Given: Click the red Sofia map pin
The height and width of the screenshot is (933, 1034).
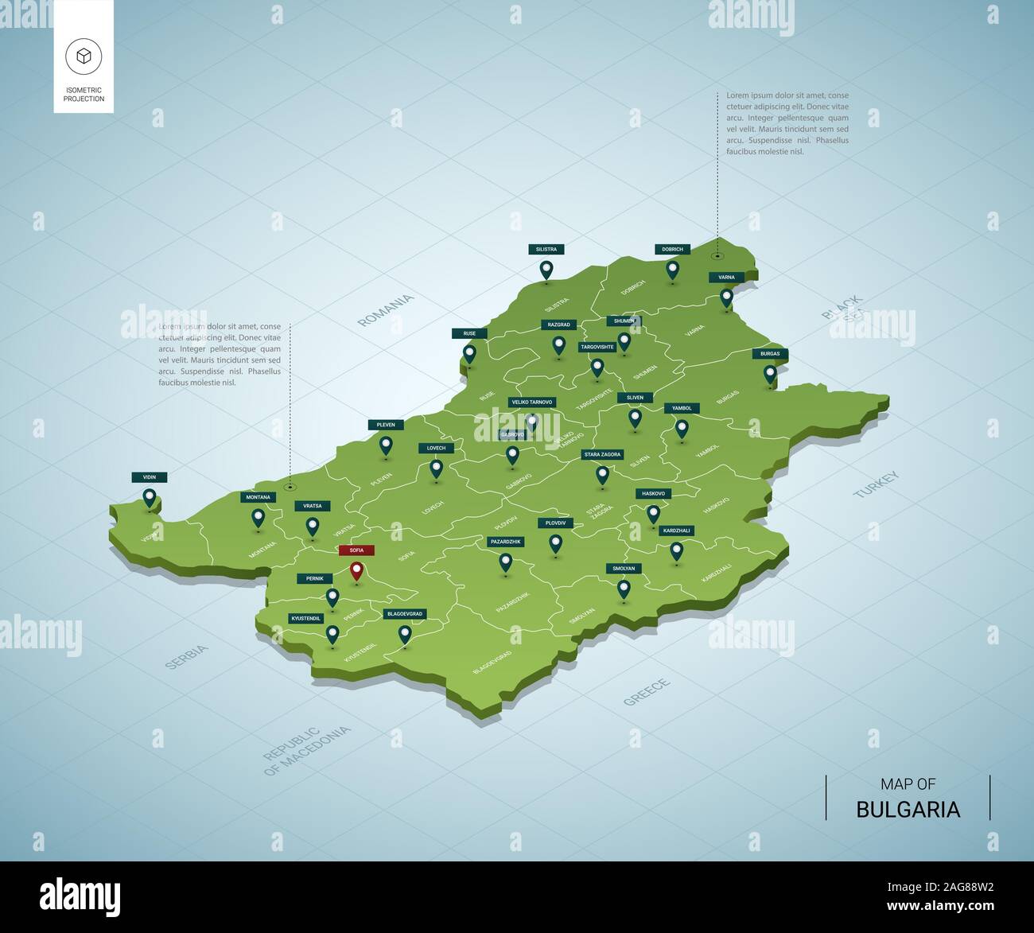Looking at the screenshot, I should click(x=356, y=570).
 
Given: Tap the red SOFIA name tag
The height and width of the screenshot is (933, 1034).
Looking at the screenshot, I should click(x=356, y=550).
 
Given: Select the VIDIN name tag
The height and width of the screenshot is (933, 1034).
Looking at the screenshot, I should click(x=150, y=477).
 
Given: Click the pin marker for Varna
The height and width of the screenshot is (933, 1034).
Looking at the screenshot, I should click(x=726, y=297).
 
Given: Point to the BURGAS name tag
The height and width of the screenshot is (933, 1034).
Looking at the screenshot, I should click(x=770, y=353).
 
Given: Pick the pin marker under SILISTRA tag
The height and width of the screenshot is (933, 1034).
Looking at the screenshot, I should click(x=546, y=270).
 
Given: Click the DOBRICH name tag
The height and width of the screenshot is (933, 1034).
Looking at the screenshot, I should click(x=672, y=249).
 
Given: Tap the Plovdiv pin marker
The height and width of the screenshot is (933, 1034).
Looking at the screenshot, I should click(x=556, y=543).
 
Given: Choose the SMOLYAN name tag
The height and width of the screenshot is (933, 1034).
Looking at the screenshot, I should click(x=624, y=569).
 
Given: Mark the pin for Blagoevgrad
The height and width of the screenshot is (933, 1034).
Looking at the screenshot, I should click(x=405, y=634).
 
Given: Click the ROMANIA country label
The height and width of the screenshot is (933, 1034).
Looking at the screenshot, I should click(x=386, y=310).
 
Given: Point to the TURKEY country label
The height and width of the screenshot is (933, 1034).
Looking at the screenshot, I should click(x=877, y=484).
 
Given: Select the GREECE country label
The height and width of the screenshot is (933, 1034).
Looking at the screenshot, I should click(x=647, y=692).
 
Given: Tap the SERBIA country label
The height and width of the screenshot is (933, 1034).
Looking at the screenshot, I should click(x=187, y=657).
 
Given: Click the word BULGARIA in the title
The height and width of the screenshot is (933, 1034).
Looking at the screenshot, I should click(x=908, y=810).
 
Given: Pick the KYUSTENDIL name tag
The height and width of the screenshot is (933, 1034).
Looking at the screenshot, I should click(x=306, y=618).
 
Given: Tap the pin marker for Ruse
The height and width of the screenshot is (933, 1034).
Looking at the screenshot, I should click(x=469, y=352).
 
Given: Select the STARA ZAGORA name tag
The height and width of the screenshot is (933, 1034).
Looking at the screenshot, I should click(x=602, y=454).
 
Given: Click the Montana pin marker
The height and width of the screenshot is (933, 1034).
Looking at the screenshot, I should click(x=258, y=518).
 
